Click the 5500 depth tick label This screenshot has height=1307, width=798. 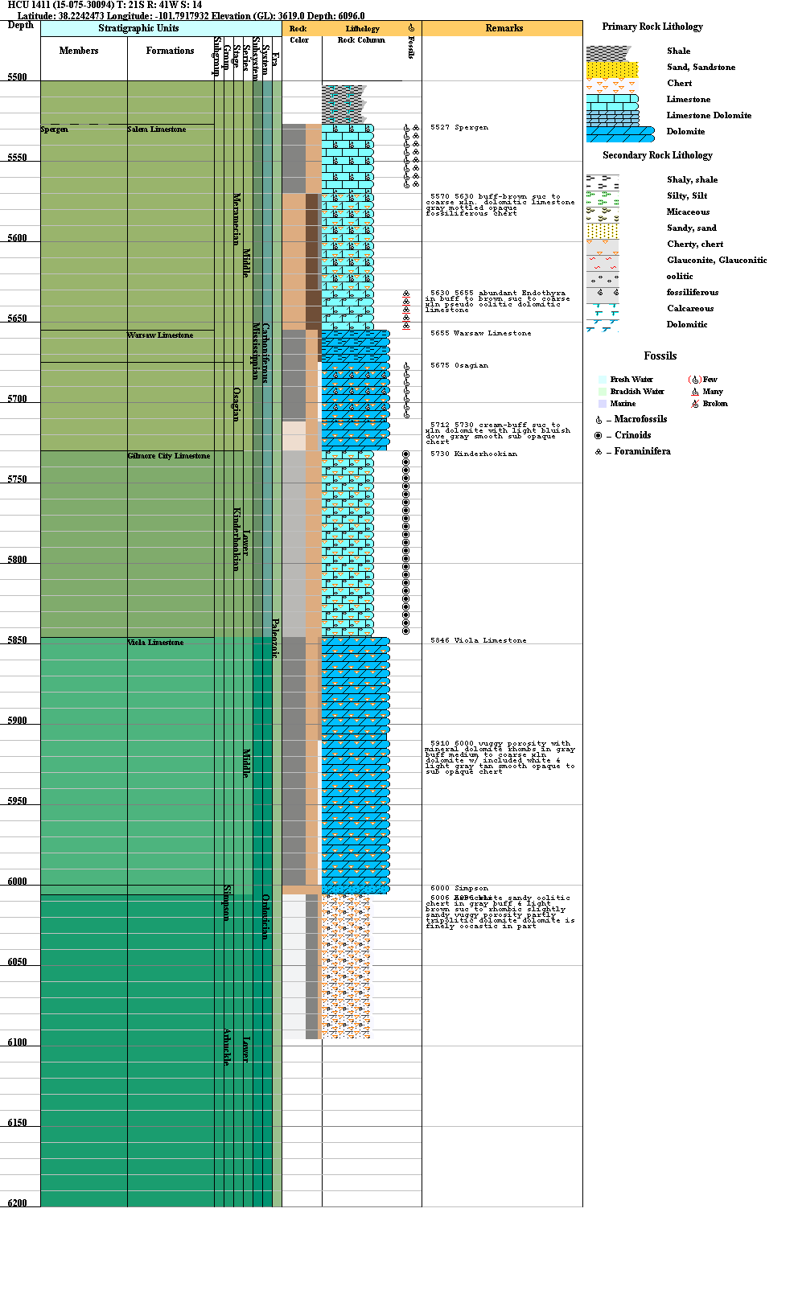(17, 77)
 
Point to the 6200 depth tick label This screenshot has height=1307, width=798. (17, 1203)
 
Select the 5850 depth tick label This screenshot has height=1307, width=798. (17, 640)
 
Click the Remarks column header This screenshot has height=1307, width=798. (504, 28)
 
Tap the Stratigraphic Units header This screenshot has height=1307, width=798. (138, 28)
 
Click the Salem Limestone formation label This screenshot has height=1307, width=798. (156, 129)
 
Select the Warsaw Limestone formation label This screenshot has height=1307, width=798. (160, 335)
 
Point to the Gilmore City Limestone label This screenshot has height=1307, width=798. (168, 456)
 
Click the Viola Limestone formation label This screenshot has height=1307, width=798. (155, 643)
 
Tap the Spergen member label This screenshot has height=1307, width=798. (54, 129)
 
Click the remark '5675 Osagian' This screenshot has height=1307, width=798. (459, 365)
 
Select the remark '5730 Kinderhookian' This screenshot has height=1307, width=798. (473, 454)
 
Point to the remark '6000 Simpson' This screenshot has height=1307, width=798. (459, 888)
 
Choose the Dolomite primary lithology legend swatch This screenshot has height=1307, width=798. (619, 133)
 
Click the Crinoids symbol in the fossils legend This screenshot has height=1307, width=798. (598, 435)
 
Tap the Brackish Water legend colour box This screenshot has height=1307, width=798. (603, 392)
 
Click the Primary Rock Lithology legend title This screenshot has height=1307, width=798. (652, 27)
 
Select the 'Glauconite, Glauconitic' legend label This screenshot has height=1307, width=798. (716, 260)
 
